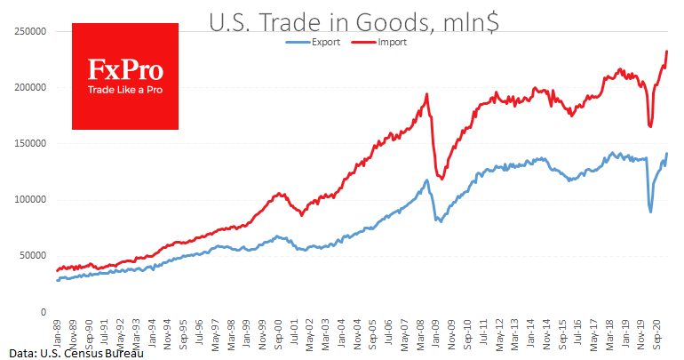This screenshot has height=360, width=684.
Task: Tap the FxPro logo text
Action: click(124, 69)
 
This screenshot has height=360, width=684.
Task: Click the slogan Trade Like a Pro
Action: click(124, 90)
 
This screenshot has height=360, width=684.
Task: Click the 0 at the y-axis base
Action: click(42, 312)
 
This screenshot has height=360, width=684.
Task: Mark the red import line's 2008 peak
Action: click(427, 94)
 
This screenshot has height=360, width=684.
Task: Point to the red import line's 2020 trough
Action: click(650, 126)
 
